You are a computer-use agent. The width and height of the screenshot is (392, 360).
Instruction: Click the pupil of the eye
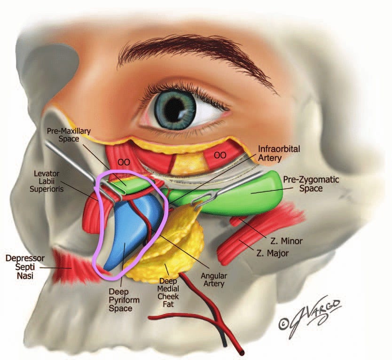pos(175,109)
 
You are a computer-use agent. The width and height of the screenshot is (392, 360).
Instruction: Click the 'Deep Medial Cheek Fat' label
pos(168,290)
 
